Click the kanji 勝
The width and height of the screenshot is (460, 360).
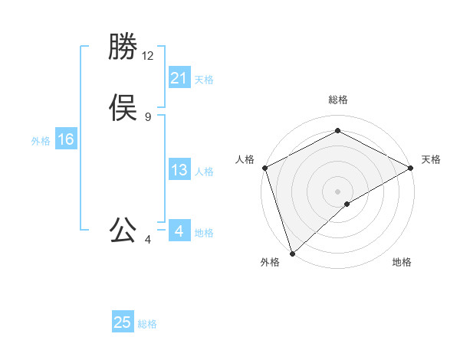coord(123,47)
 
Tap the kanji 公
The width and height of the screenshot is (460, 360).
coord(123,231)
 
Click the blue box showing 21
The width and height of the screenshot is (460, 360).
coord(179,78)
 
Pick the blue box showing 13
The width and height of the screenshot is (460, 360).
coord(179,170)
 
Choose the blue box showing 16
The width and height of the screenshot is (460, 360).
coord(66,139)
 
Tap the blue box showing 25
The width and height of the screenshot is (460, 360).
coord(123,322)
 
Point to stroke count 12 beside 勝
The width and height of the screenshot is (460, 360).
coord(148,56)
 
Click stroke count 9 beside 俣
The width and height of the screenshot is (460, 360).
coord(148,117)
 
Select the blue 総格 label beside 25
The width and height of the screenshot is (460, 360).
coord(147,324)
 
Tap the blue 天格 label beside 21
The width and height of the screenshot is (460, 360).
coord(204,80)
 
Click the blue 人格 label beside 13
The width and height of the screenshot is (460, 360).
coord(204,172)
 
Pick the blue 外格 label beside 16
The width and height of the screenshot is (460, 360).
coord(41,141)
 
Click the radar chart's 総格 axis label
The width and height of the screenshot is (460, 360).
coord(337,100)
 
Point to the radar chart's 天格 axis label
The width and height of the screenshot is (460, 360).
coord(431,159)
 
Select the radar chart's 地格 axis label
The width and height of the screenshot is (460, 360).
coord(402,262)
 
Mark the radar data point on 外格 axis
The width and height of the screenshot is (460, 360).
coord(291,254)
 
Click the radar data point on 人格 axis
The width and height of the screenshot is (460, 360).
coord(264,167)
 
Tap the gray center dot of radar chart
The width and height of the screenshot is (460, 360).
coord(337,191)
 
